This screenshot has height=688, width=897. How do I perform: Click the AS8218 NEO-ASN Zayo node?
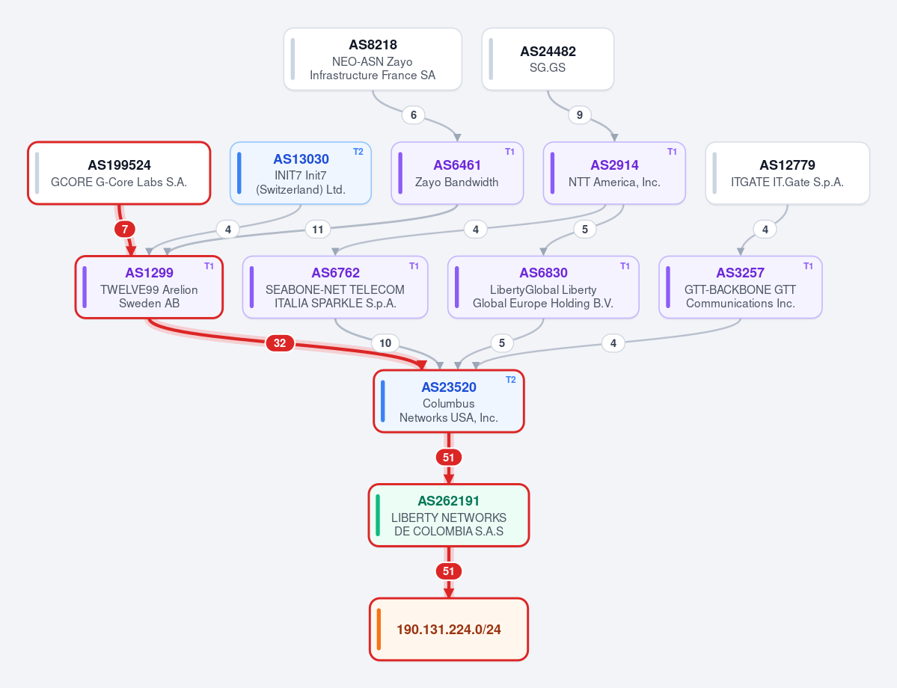click(373, 60)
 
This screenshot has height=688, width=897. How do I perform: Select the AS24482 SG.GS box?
click(548, 60)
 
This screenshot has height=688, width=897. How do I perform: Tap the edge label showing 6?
click(414, 115)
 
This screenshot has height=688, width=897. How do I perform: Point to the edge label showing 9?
click(580, 115)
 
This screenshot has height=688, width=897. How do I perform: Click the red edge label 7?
click(125, 230)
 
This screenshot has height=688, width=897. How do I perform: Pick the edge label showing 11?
click(317, 230)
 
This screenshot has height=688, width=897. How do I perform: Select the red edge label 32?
click(280, 343)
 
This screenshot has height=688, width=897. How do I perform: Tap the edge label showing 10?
click(385, 343)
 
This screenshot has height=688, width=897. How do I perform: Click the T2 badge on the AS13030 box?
click(358, 152)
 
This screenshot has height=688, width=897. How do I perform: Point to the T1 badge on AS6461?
click(509, 152)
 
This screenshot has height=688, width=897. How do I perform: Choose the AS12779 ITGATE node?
click(787, 173)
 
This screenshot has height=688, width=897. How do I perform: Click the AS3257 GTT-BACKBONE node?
click(740, 287)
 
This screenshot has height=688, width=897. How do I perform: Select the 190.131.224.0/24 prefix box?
click(449, 629)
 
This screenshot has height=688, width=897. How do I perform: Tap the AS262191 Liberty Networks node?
click(449, 515)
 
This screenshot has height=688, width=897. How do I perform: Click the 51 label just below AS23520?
click(449, 458)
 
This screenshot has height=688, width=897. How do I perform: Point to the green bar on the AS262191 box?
click(378, 515)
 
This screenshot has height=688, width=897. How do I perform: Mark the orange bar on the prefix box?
click(379, 629)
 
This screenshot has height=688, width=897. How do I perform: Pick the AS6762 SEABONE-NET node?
click(335, 287)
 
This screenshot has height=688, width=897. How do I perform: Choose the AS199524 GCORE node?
click(119, 173)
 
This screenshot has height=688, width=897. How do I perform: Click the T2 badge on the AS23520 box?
click(511, 380)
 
